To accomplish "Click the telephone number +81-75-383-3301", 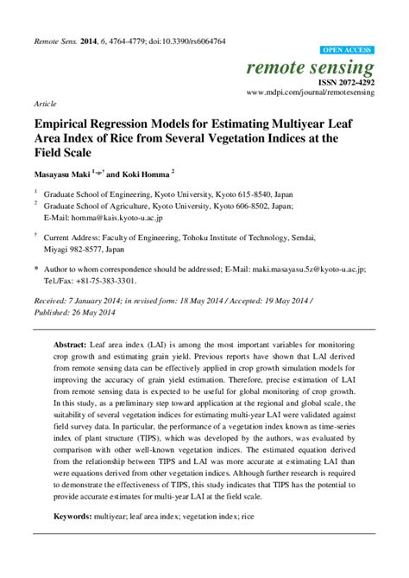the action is click(x=103, y=280).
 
